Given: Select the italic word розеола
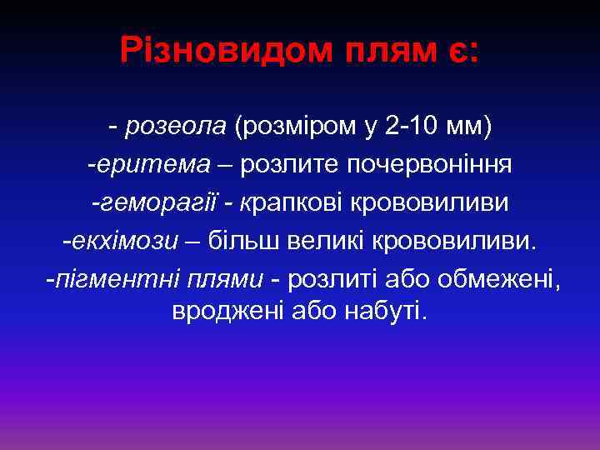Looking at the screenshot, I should pos(176,126).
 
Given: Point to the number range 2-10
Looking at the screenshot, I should pos(413,126).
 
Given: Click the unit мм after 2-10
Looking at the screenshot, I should pos(471,126).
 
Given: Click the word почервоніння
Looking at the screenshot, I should pos(441,164).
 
